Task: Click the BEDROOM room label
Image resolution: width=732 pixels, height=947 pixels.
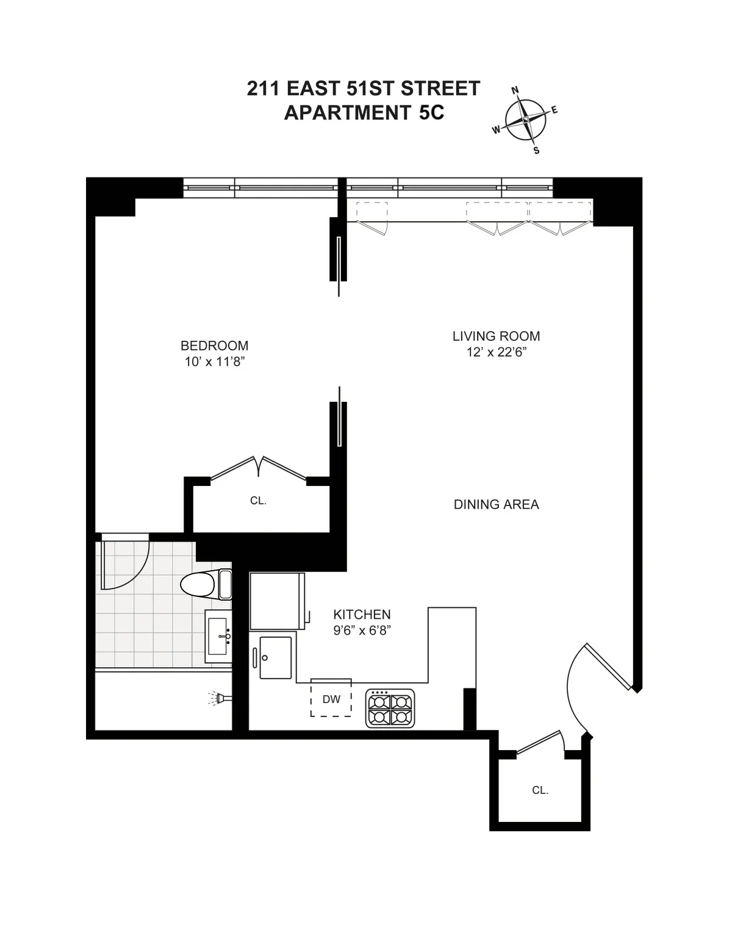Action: click(x=214, y=346)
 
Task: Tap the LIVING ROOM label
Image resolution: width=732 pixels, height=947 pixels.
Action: click(x=496, y=336)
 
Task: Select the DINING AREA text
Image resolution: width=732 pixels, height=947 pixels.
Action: click(x=496, y=504)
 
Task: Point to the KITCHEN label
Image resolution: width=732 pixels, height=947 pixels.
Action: click(x=362, y=615)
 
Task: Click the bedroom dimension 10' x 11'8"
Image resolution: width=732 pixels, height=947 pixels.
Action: click(x=214, y=362)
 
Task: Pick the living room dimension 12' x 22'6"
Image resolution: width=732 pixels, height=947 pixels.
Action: click(x=496, y=352)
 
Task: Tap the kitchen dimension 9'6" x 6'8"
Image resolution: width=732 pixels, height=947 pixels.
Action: click(x=362, y=631)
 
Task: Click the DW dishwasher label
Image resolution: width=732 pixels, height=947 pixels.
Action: click(x=331, y=699)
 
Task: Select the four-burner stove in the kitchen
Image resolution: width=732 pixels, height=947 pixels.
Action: click(x=390, y=708)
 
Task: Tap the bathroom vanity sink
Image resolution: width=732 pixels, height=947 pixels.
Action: click(x=218, y=636)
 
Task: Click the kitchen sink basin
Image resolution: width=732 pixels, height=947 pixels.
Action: click(x=276, y=657)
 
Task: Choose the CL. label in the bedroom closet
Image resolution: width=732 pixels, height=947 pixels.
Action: click(x=258, y=501)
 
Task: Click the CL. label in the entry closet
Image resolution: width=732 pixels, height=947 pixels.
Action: click(x=540, y=790)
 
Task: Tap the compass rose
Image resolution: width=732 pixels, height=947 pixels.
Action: click(x=526, y=120)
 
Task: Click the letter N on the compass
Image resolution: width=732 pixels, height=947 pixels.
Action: click(x=515, y=91)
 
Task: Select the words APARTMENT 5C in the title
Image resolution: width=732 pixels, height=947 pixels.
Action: click(x=364, y=113)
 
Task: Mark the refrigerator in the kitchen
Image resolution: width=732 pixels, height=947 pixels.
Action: click(x=276, y=601)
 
